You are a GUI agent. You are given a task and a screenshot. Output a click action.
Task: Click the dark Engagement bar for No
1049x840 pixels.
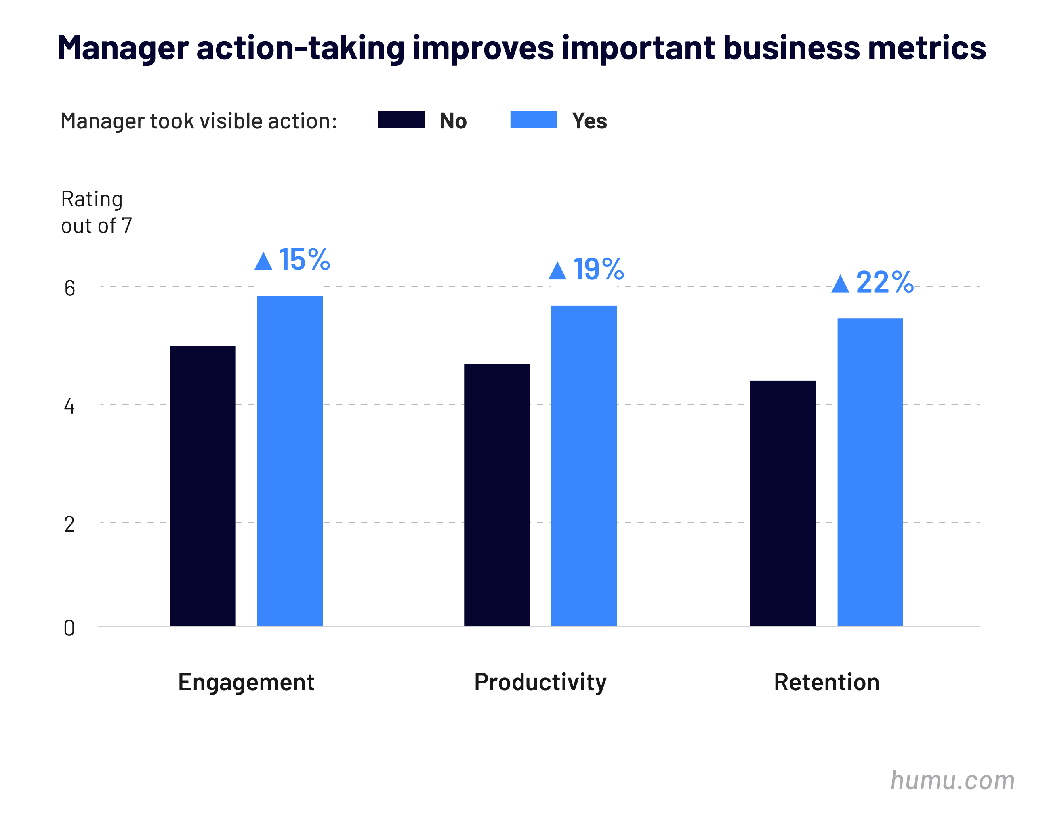[x=202, y=486]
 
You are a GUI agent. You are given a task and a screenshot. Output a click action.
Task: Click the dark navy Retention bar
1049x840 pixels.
[x=782, y=503]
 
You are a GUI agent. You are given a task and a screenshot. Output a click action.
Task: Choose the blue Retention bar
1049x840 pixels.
[x=870, y=472]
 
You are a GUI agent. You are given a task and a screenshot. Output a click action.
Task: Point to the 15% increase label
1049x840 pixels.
[x=304, y=260]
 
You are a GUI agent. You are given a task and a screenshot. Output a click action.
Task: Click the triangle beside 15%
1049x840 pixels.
[x=263, y=262]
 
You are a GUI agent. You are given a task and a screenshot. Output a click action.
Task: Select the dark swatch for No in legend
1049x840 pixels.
[x=402, y=119]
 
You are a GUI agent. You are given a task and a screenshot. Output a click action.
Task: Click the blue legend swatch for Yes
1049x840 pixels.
[x=533, y=119]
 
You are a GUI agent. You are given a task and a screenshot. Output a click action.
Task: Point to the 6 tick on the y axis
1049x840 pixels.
[x=69, y=288]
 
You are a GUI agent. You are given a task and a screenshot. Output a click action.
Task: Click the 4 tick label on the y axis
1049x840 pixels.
[x=69, y=406]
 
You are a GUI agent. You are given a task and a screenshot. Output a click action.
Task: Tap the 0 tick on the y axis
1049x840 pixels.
[x=69, y=628]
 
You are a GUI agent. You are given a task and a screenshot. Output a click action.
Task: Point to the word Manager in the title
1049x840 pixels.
[x=123, y=48]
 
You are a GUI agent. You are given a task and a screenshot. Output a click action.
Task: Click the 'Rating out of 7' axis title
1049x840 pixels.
[x=96, y=212]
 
